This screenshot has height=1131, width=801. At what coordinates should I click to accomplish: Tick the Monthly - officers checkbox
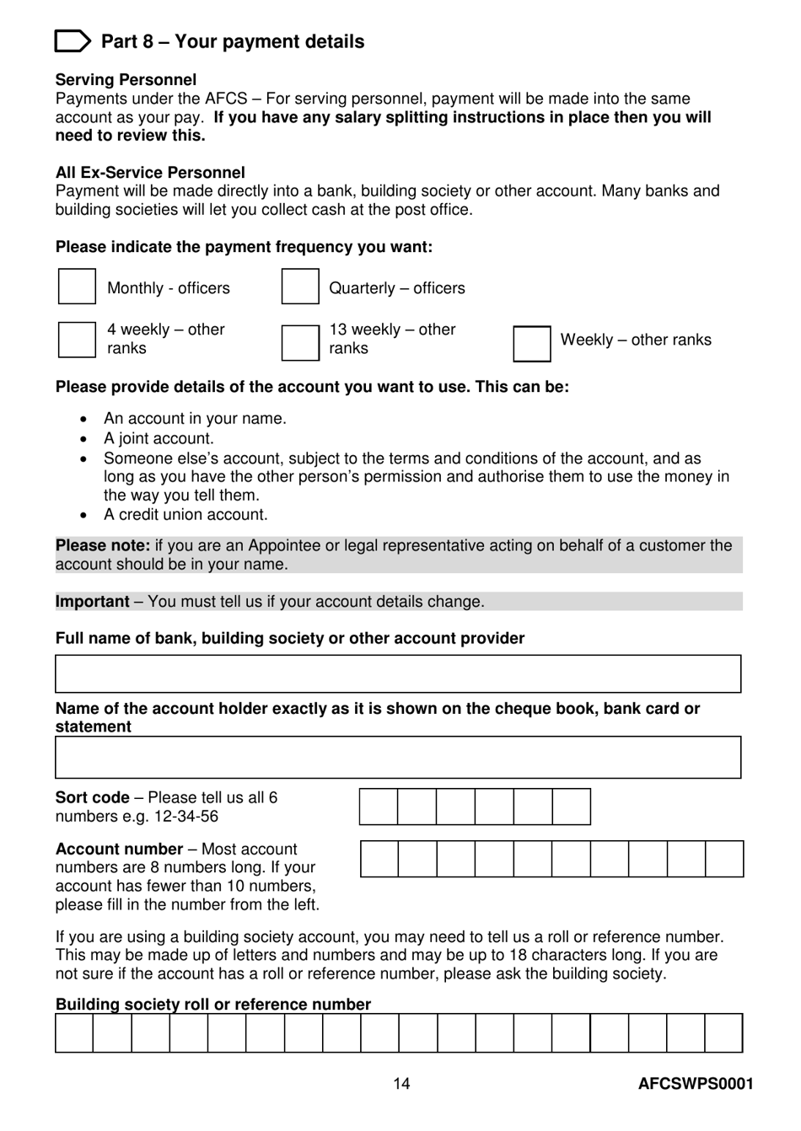pyautogui.click(x=77, y=287)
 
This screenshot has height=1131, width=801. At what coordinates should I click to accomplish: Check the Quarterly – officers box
pyautogui.click(x=300, y=287)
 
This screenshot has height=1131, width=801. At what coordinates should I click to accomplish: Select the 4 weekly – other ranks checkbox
pyautogui.click(x=77, y=340)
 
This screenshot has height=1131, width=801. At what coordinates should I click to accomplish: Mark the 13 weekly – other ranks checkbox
pyautogui.click(x=300, y=343)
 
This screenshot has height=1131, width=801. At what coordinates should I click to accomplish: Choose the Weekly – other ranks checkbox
pyautogui.click(x=531, y=344)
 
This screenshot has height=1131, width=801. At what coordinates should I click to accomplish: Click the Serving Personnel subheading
pyautogui.click(x=126, y=80)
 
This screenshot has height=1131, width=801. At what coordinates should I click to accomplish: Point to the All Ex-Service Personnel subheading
pyautogui.click(x=150, y=173)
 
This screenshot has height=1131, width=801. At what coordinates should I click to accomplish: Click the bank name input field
pyautogui.click(x=398, y=674)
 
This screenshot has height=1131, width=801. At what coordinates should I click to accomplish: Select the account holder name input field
pyautogui.click(x=398, y=758)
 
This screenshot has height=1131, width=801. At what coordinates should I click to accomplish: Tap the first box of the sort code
pyautogui.click(x=379, y=807)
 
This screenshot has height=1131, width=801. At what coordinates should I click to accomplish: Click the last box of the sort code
pyautogui.click(x=571, y=807)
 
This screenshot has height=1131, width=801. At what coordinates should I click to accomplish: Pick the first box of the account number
pyautogui.click(x=379, y=859)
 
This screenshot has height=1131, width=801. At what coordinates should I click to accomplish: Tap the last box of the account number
pyautogui.click(x=724, y=859)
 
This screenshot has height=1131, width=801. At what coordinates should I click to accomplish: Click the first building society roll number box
pyautogui.click(x=74, y=1033)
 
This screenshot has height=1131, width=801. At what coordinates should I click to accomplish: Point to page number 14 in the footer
pyautogui.click(x=401, y=1084)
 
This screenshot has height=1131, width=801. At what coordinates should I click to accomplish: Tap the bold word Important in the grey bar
pyautogui.click(x=92, y=602)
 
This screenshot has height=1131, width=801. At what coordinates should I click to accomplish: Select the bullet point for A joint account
pyautogui.click(x=83, y=439)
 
